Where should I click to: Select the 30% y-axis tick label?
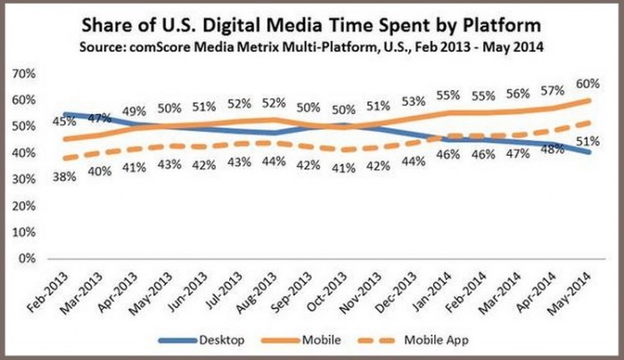tap(26, 178)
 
